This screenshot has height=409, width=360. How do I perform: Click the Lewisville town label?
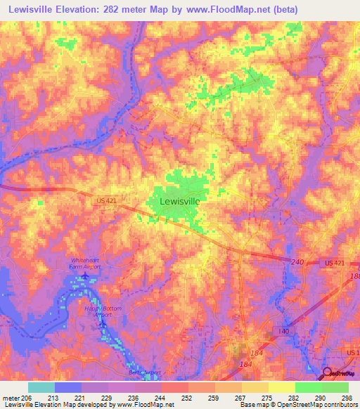pos(180,201)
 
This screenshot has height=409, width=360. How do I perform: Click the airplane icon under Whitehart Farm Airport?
pos(86,275)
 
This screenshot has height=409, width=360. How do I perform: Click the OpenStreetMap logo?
pos(339,374)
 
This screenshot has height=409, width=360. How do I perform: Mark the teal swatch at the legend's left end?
pos(41,387)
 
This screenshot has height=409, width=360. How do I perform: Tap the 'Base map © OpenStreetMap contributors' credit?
pos(299,405)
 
